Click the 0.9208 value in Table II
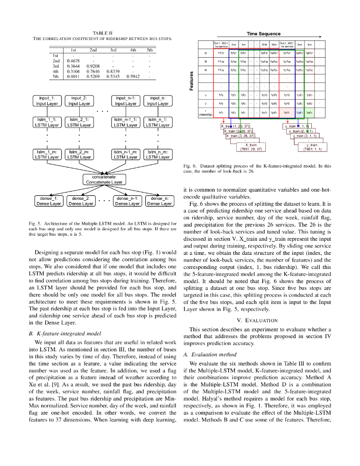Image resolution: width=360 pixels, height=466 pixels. [93, 66]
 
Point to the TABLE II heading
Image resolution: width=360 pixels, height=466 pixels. [102, 33]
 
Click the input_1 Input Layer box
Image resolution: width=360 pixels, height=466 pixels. [47, 101]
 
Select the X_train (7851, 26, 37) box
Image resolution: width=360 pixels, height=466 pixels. [248, 147]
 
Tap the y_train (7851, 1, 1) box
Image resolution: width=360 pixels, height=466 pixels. [308, 147]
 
